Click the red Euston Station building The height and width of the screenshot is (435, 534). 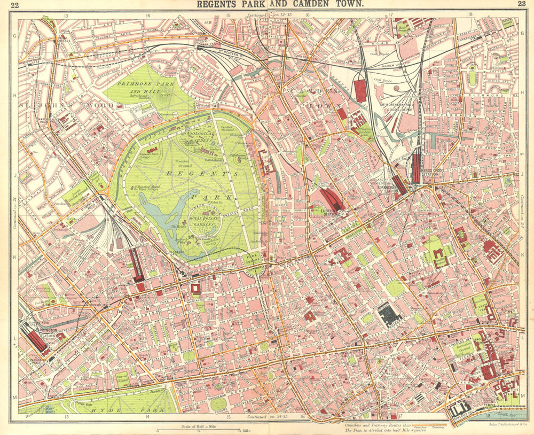[333, 199]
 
